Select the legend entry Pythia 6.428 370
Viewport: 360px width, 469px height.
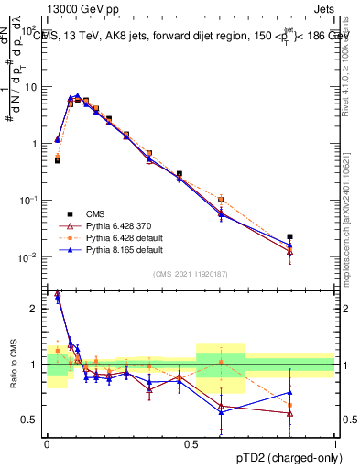115,224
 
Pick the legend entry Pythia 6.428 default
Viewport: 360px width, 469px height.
117,236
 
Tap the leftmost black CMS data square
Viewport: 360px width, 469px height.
57,160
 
